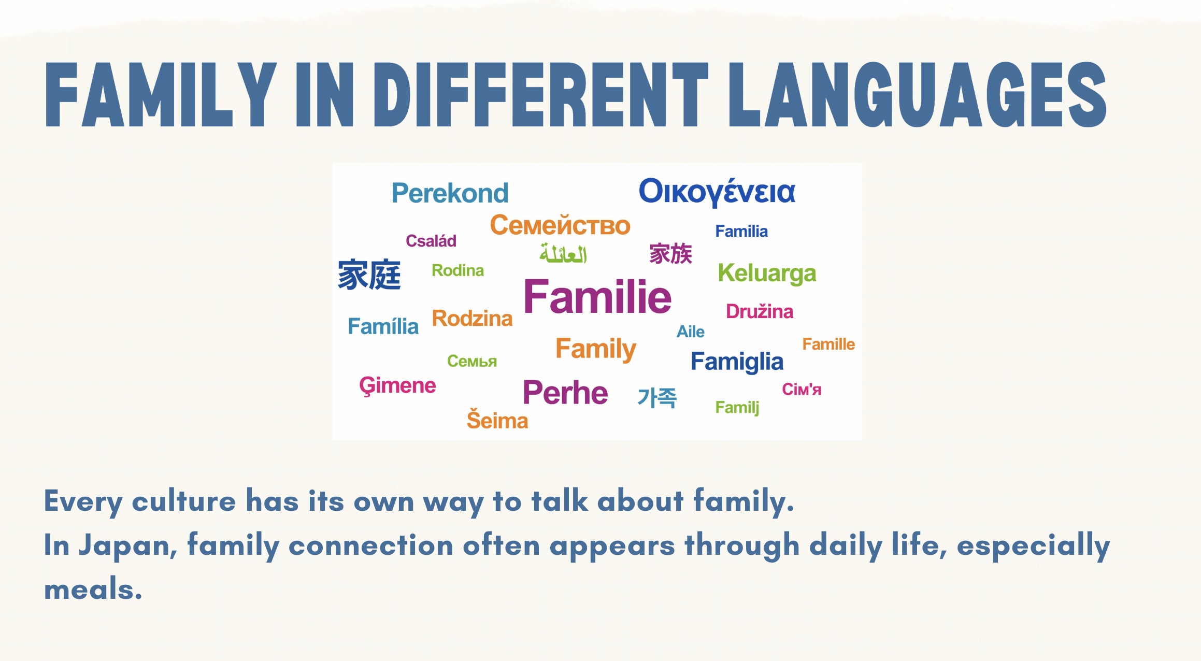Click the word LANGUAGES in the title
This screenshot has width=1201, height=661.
click(918, 95)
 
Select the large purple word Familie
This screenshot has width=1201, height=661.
click(597, 296)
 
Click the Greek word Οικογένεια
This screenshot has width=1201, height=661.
click(717, 192)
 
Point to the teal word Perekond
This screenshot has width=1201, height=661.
click(450, 193)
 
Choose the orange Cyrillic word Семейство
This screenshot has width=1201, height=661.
click(560, 225)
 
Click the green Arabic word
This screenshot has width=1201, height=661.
click(563, 253)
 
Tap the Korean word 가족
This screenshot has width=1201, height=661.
click(657, 398)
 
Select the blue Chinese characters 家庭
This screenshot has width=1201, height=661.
click(369, 275)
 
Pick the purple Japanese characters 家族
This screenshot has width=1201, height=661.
click(671, 254)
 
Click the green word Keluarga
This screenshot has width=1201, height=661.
click(767, 274)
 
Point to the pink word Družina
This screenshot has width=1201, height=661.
click(760, 311)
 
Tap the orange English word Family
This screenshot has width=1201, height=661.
click(596, 349)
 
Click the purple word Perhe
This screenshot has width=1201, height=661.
click(565, 392)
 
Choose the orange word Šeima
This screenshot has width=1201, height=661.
click(497, 420)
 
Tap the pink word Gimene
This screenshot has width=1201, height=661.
click(397, 386)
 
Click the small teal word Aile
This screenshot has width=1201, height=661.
click(691, 332)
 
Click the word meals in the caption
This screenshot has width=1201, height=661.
click(93, 590)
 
